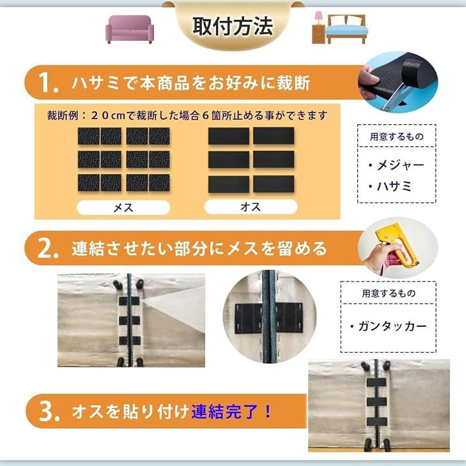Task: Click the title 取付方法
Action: tap(232, 27)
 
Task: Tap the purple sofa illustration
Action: tap(129, 29)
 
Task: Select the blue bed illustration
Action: tap(346, 29)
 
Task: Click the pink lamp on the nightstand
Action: tap(318, 18)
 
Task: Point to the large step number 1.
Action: tap(47, 83)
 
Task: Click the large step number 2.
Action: tap(47, 249)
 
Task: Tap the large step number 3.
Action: tap(49, 411)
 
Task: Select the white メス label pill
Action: tap(124, 207)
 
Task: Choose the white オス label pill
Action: tap(251, 206)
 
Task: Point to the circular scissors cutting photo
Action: tap(397, 82)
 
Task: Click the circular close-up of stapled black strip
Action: tap(269, 316)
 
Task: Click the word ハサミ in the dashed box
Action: tap(394, 186)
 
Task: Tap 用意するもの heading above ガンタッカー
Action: tap(388, 294)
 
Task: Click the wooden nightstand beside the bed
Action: tap(318, 34)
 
